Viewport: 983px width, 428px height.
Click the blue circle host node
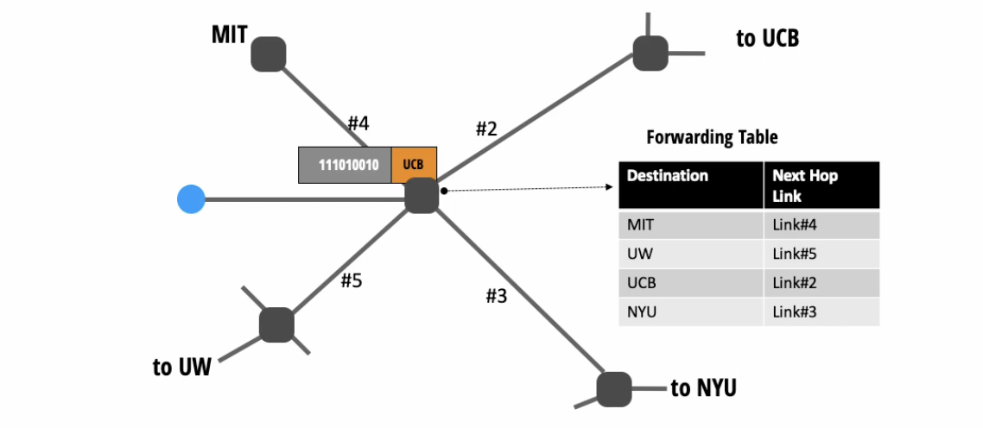(x=190, y=200)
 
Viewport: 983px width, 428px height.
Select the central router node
(x=422, y=195)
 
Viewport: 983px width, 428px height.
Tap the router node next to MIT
(x=269, y=53)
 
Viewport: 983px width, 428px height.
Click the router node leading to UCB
(x=650, y=53)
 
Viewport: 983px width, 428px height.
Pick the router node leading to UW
(x=276, y=325)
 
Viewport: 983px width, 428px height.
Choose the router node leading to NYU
(x=614, y=388)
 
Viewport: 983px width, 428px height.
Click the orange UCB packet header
(x=414, y=165)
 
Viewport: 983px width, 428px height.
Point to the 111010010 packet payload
(x=345, y=165)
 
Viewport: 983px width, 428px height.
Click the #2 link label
(x=486, y=129)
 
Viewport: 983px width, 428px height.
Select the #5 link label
(x=350, y=281)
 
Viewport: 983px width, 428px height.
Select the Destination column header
(x=668, y=176)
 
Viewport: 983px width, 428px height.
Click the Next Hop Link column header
(x=805, y=185)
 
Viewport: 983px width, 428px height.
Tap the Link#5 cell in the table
(x=795, y=254)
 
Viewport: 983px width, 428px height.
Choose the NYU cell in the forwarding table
(x=641, y=312)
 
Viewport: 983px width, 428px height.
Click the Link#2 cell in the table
(x=795, y=282)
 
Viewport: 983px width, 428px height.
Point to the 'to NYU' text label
(x=703, y=388)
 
